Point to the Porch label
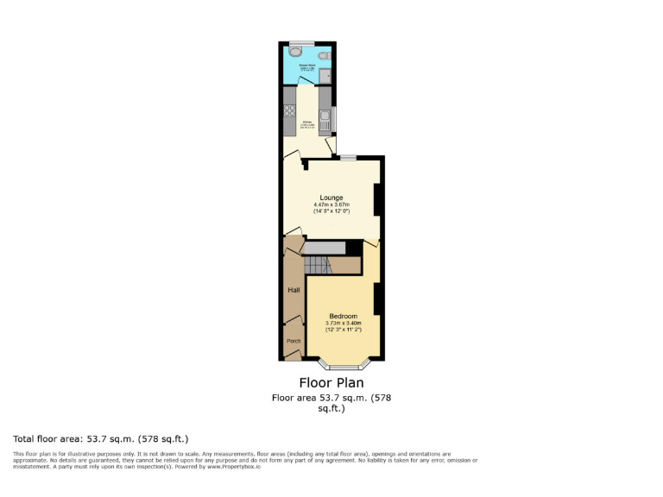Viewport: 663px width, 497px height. click(293, 341)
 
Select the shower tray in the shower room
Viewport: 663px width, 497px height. click(324, 77)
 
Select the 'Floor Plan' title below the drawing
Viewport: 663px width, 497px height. click(331, 382)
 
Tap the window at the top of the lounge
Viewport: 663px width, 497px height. click(347, 157)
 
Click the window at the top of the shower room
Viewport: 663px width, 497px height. click(301, 41)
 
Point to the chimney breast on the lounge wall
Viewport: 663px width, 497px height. click(376, 200)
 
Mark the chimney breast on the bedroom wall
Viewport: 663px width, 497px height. click(376, 299)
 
